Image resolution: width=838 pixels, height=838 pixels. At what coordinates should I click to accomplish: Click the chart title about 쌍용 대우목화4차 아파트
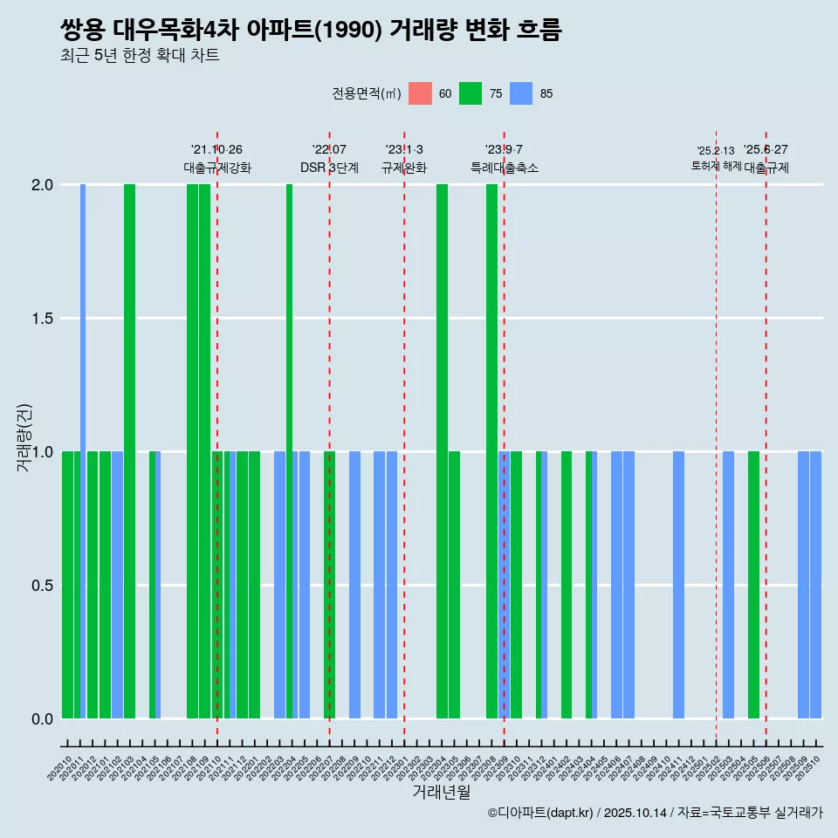pyautogui.click(x=311, y=31)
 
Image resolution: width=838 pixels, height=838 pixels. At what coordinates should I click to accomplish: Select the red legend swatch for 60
pyautogui.click(x=420, y=93)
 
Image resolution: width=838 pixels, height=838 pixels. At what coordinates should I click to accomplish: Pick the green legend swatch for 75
pyautogui.click(x=471, y=93)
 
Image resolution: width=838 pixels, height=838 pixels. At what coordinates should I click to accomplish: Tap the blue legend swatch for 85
pyautogui.click(x=521, y=93)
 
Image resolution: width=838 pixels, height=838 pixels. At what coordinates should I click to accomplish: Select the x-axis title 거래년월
pyautogui.click(x=441, y=792)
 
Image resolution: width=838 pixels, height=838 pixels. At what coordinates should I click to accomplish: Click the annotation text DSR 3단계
pyautogui.click(x=329, y=168)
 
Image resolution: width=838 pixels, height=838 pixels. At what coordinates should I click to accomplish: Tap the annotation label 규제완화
pyautogui.click(x=404, y=168)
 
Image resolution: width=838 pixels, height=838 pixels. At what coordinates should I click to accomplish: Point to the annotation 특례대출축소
pyautogui.click(x=504, y=168)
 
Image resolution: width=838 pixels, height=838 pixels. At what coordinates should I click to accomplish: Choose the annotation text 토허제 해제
pyautogui.click(x=717, y=165)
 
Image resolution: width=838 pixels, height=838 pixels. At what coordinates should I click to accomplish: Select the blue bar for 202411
pyautogui.click(x=678, y=585)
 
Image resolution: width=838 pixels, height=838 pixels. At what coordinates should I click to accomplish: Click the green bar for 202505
pyautogui.click(x=753, y=585)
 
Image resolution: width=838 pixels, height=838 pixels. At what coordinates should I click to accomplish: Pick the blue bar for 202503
pyautogui.click(x=728, y=585)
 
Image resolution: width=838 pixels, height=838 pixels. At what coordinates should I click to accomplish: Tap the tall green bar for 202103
pyautogui.click(x=129, y=451)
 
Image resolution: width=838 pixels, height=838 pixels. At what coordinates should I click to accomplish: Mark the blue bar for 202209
pyautogui.click(x=354, y=585)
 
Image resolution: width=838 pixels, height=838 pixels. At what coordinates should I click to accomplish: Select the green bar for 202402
pyautogui.click(x=567, y=585)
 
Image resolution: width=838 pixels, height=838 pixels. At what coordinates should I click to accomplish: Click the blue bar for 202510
pyautogui.click(x=815, y=585)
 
